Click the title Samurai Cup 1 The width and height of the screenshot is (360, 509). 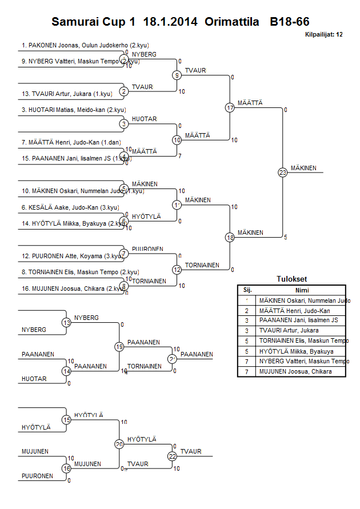coord(94,22)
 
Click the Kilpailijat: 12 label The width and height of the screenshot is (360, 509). coord(324,35)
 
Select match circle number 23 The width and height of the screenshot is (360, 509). coord(282,172)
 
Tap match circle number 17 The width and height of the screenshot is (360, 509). coord(230,107)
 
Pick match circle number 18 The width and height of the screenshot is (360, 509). coord(230,237)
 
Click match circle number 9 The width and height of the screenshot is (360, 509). coord(177,75)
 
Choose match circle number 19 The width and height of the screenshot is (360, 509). coord(119,347)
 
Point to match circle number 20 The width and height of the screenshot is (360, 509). coord(119,444)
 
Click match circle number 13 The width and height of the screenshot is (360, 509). coord(67,323)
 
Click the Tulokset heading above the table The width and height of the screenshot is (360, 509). coord(291,279)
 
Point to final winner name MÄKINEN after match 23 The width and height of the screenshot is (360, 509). coord(304,168)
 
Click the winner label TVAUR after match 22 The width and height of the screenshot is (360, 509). coord(191,451)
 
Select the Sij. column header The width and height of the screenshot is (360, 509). coord(247,290)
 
